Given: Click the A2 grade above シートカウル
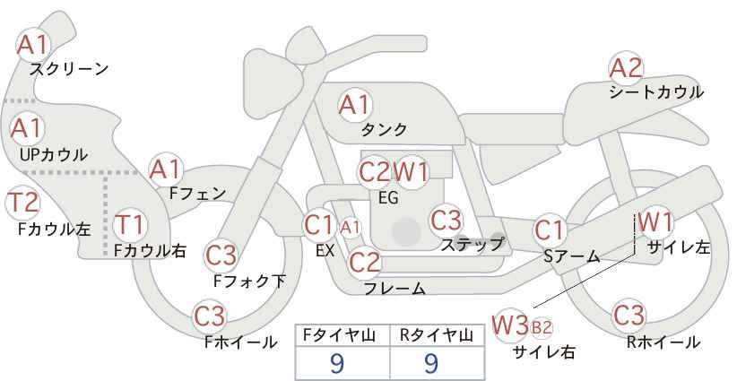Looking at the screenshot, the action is (626, 68).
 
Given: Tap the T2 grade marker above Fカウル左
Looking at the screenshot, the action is (22, 203).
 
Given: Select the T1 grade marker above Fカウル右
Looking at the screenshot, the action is (130, 224).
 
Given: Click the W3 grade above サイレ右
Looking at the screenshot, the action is (509, 325).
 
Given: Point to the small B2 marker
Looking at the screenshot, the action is (541, 327).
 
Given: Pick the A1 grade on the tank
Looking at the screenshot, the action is (355, 105).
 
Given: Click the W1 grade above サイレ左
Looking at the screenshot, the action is (655, 221).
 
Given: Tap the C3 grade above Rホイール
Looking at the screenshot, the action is (629, 316).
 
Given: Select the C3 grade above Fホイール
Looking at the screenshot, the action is (210, 316).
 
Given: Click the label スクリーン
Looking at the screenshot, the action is (69, 70).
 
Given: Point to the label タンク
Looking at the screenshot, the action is (384, 129).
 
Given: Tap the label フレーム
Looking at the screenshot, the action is (395, 288).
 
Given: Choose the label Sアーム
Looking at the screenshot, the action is (572, 256).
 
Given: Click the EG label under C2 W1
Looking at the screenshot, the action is (388, 198).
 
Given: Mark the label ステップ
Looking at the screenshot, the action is (472, 245).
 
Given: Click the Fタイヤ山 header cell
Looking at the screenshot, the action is (342, 335).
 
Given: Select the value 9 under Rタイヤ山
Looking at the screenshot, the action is (431, 363).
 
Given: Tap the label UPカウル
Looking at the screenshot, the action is (53, 155).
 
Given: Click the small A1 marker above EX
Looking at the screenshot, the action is (351, 228).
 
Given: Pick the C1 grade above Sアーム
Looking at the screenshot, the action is (550, 230).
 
